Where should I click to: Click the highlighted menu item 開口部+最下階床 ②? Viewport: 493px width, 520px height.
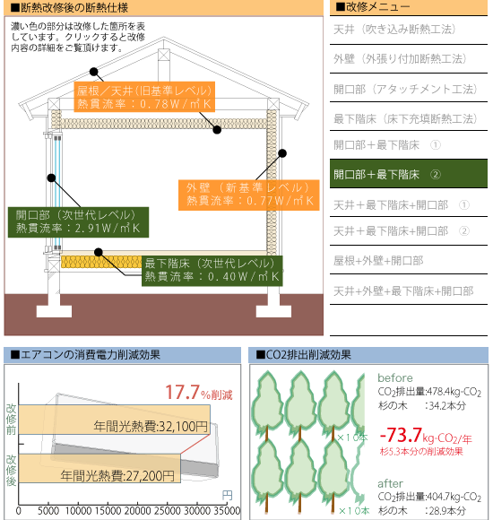pos(409,174)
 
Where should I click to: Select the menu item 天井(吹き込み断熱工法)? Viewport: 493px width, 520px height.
pos(394,30)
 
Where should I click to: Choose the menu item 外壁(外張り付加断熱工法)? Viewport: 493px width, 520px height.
pos(400,58)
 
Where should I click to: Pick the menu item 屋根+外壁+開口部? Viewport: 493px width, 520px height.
pos(378,261)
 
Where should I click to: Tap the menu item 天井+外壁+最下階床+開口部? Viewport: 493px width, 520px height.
pos(403,290)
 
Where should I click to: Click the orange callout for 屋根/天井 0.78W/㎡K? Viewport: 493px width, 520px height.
pos(144,97)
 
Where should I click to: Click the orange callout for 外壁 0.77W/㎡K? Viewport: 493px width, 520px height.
pos(248,195)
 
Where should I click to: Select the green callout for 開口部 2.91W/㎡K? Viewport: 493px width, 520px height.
pos(78,222)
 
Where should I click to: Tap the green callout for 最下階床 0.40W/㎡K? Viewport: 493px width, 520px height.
pos(212,271)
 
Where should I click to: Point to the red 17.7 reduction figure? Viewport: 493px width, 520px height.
pos(182,392)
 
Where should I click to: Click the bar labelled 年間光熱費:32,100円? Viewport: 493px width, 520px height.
pos(114,420)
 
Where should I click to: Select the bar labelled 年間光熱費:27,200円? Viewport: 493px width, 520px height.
pos(99,468)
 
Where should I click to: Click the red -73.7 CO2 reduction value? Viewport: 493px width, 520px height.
pos(401,435)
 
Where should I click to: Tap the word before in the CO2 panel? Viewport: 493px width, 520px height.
pos(395,377)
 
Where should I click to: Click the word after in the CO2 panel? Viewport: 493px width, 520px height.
pos(390,483)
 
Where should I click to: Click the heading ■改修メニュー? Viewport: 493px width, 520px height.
pos(373,6)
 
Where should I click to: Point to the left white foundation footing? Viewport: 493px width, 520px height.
pos(54,311)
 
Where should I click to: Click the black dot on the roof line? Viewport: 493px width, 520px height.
pos(94,72)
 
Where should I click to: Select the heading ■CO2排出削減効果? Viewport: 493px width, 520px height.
pos(303,355)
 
